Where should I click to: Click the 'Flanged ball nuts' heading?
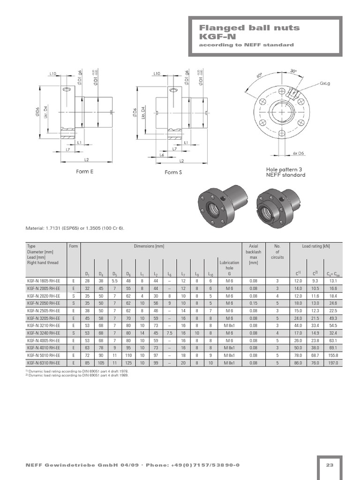249,28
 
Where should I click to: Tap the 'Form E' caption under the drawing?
84,172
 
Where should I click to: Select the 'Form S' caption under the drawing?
173,172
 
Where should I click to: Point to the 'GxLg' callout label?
325,83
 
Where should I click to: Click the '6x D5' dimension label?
299,153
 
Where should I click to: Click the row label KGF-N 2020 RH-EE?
44,296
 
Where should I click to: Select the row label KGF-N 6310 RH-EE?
44,363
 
